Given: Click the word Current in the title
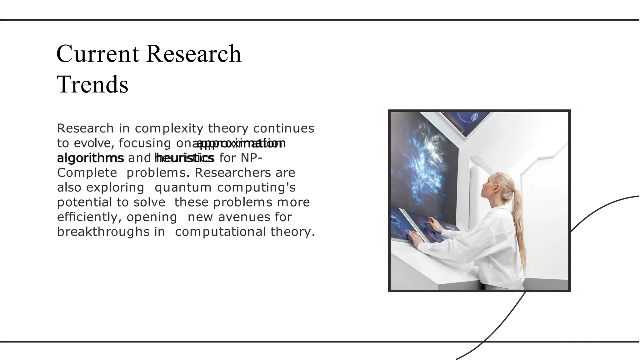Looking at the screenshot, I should (97, 54).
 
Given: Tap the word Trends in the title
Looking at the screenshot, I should (92, 84).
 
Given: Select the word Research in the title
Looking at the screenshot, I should (194, 54).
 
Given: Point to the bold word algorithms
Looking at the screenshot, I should (90, 158).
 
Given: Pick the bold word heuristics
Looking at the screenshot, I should (185, 158).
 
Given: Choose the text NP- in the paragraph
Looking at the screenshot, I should (251, 158).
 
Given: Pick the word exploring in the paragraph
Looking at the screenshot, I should (115, 187).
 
